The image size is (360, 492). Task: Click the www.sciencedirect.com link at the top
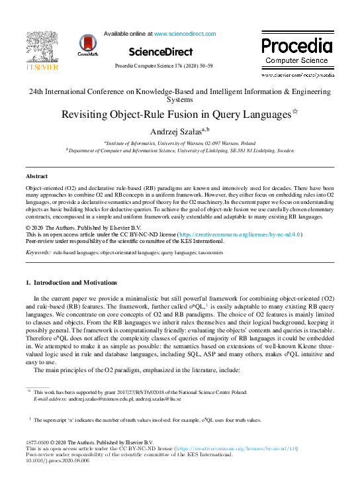180,32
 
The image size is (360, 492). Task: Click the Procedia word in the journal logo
296,46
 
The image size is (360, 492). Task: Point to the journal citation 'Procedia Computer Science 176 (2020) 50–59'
163,66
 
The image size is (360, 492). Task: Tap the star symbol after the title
295,111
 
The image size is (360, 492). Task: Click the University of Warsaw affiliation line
180,143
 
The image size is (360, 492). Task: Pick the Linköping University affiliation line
180,150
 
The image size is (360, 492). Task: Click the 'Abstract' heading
36,177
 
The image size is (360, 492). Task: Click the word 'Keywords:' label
38,252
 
